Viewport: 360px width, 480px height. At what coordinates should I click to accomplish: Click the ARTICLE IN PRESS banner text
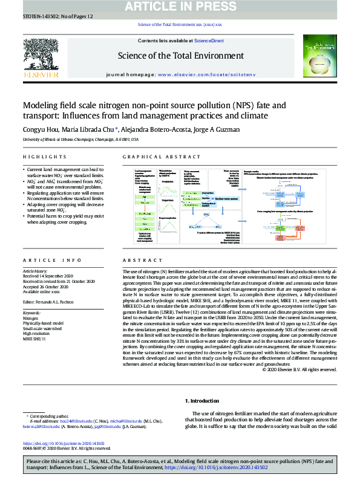180,7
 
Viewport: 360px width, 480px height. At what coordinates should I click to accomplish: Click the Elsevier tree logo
41,54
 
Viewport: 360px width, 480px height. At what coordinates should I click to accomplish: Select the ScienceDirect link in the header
209,41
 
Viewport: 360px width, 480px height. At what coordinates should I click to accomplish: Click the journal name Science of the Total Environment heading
180,57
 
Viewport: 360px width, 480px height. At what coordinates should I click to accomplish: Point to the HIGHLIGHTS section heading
37,157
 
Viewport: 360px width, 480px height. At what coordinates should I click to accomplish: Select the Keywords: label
34,312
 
